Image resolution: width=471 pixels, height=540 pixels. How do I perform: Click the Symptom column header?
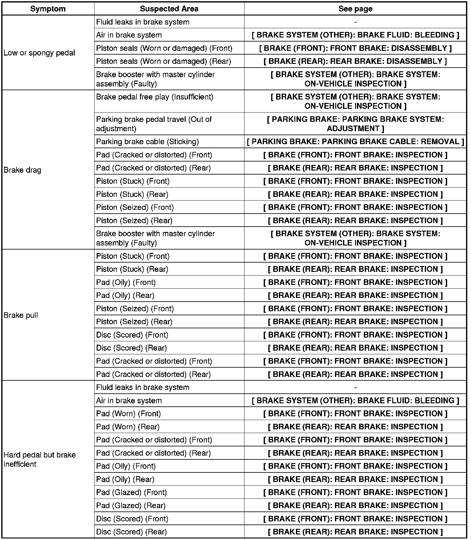point(48,9)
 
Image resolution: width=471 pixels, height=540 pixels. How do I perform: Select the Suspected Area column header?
point(169,9)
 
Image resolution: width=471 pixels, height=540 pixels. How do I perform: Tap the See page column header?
point(355,9)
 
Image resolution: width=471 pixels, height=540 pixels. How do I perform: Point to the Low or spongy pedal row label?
point(39,53)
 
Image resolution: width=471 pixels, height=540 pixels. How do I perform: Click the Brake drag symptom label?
point(22,170)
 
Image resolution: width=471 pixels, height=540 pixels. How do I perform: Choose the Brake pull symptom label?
point(21,315)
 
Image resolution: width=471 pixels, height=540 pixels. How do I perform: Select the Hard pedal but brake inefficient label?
point(39,459)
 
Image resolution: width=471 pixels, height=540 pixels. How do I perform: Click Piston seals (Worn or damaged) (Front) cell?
point(164,48)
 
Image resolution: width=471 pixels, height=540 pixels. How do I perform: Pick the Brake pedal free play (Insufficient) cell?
point(155,97)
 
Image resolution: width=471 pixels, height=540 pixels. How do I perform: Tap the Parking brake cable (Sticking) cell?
point(147,142)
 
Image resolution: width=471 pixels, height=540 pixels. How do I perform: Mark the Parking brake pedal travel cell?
point(154,124)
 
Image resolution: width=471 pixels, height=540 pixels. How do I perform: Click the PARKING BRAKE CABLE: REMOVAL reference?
point(355,142)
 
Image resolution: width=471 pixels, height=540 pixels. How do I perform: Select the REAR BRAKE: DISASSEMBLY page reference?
point(355,61)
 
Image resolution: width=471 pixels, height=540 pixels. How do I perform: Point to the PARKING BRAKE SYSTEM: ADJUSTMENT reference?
point(355,124)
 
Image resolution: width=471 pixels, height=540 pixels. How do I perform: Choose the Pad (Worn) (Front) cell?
point(129,414)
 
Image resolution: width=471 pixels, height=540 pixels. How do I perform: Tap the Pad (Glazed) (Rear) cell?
point(131,506)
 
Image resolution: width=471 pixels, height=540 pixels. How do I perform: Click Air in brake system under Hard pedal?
point(129,401)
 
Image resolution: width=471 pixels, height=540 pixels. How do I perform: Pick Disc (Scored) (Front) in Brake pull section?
point(132,335)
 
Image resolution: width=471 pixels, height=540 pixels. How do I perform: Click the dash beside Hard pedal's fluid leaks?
point(355,387)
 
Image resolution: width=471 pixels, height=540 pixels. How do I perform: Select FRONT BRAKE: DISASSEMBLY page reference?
point(355,48)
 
